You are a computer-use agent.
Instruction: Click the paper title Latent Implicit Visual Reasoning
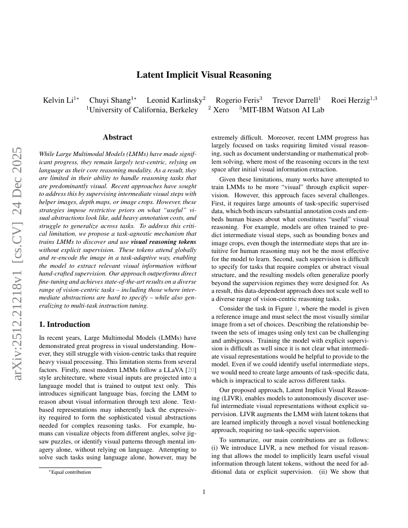tap(204, 75)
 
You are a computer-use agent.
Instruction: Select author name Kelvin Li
tap(58, 100)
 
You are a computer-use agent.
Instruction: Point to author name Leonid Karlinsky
tap(175, 100)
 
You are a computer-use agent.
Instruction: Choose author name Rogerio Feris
tap(238, 100)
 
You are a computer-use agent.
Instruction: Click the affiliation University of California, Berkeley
tap(143, 110)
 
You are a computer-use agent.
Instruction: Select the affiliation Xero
tap(221, 110)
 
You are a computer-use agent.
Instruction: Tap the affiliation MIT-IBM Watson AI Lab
tap(282, 110)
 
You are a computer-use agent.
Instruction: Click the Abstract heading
tap(118, 137)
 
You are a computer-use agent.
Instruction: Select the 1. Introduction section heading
tap(64, 324)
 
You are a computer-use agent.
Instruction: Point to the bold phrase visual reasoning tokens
tap(163, 242)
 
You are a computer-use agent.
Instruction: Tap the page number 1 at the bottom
tap(204, 492)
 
